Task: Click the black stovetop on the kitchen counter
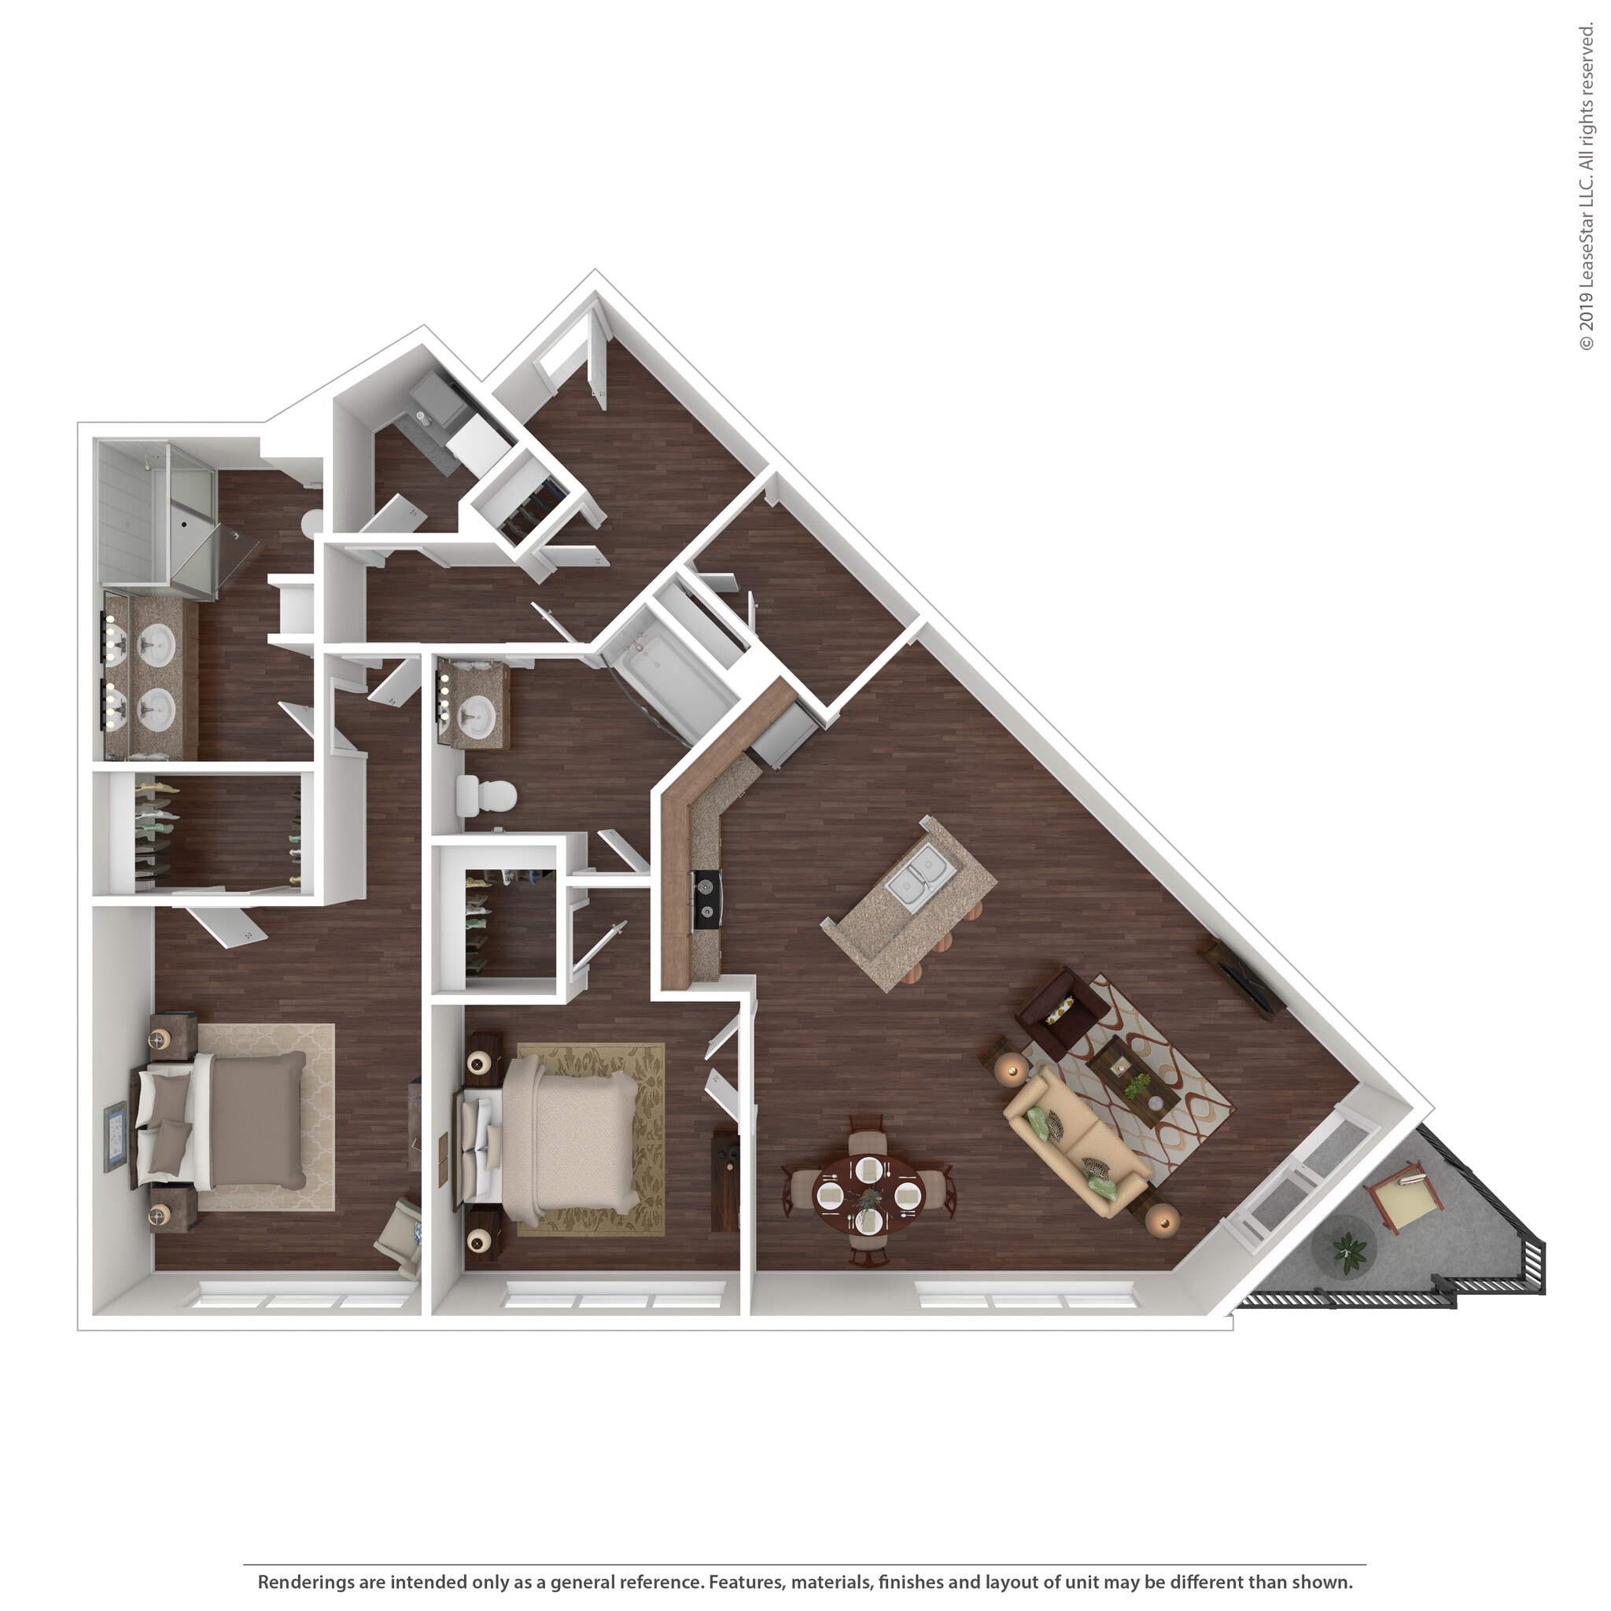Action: coord(707,899)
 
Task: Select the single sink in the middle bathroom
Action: coord(477,711)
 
